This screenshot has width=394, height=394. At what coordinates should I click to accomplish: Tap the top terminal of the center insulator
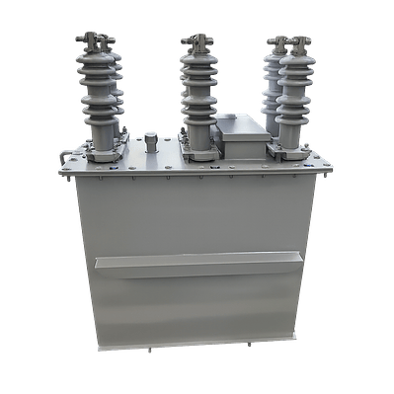pyautogui.click(x=197, y=40)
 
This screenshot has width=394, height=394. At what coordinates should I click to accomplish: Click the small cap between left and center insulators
pyautogui.click(x=151, y=139)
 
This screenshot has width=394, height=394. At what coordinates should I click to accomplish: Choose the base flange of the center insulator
pyautogui.click(x=198, y=151)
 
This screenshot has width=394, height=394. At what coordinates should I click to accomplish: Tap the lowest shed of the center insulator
pyautogui.click(x=198, y=128)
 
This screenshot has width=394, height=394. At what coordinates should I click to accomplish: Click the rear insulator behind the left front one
pyautogui.click(x=118, y=89)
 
